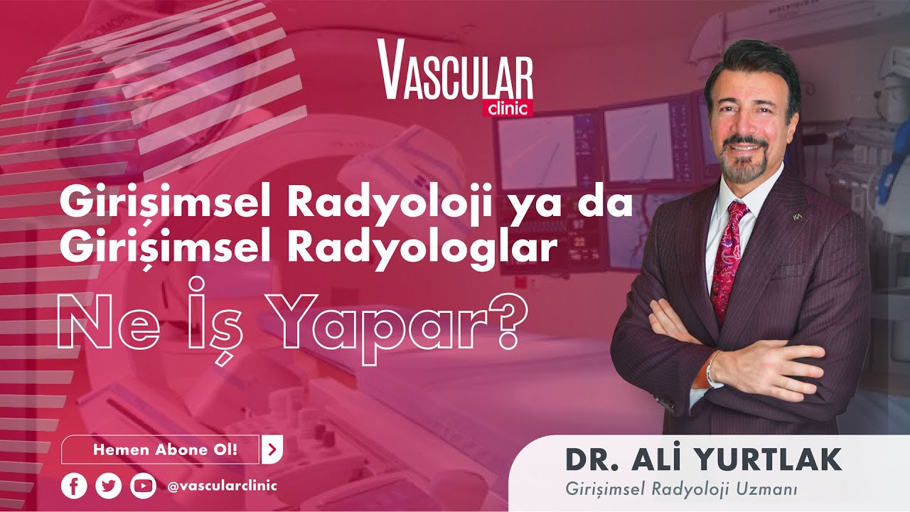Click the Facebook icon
[74, 486]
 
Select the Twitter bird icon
[108, 486]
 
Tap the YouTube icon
[143, 486]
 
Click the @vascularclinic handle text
[221, 486]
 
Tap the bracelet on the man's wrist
[712, 369]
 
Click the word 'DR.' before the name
[591, 460]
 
